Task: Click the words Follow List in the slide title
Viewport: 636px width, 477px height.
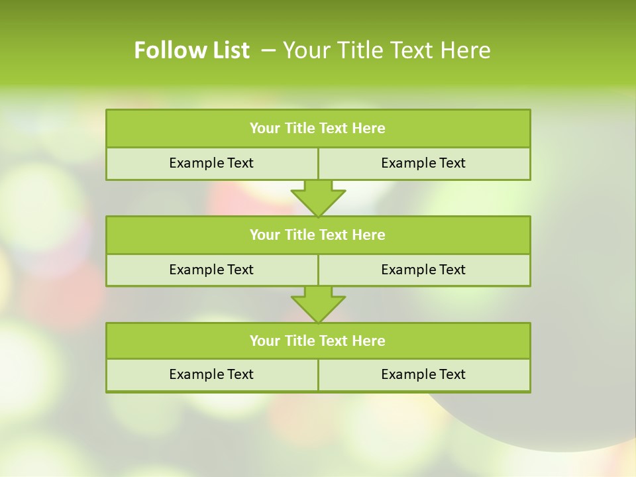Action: (191, 50)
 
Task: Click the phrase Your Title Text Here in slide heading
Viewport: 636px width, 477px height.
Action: (387, 50)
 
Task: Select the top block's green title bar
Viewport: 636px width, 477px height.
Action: (318, 129)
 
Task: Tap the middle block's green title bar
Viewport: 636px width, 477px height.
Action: (318, 235)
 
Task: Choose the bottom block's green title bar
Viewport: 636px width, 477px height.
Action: (318, 341)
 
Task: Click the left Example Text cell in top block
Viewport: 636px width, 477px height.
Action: (211, 163)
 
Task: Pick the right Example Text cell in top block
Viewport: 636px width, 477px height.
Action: (423, 163)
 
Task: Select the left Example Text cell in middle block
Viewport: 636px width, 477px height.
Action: (211, 270)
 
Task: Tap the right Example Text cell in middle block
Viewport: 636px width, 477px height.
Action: (423, 270)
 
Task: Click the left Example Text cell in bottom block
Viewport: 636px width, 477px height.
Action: (211, 374)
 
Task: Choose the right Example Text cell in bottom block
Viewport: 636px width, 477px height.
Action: (423, 374)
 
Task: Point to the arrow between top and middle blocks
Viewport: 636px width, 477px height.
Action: (318, 198)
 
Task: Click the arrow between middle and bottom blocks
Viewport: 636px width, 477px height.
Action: (318, 304)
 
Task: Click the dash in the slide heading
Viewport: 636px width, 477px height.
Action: (269, 50)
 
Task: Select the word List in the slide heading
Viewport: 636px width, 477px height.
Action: (227, 50)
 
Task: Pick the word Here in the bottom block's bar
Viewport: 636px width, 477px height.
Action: (368, 341)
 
